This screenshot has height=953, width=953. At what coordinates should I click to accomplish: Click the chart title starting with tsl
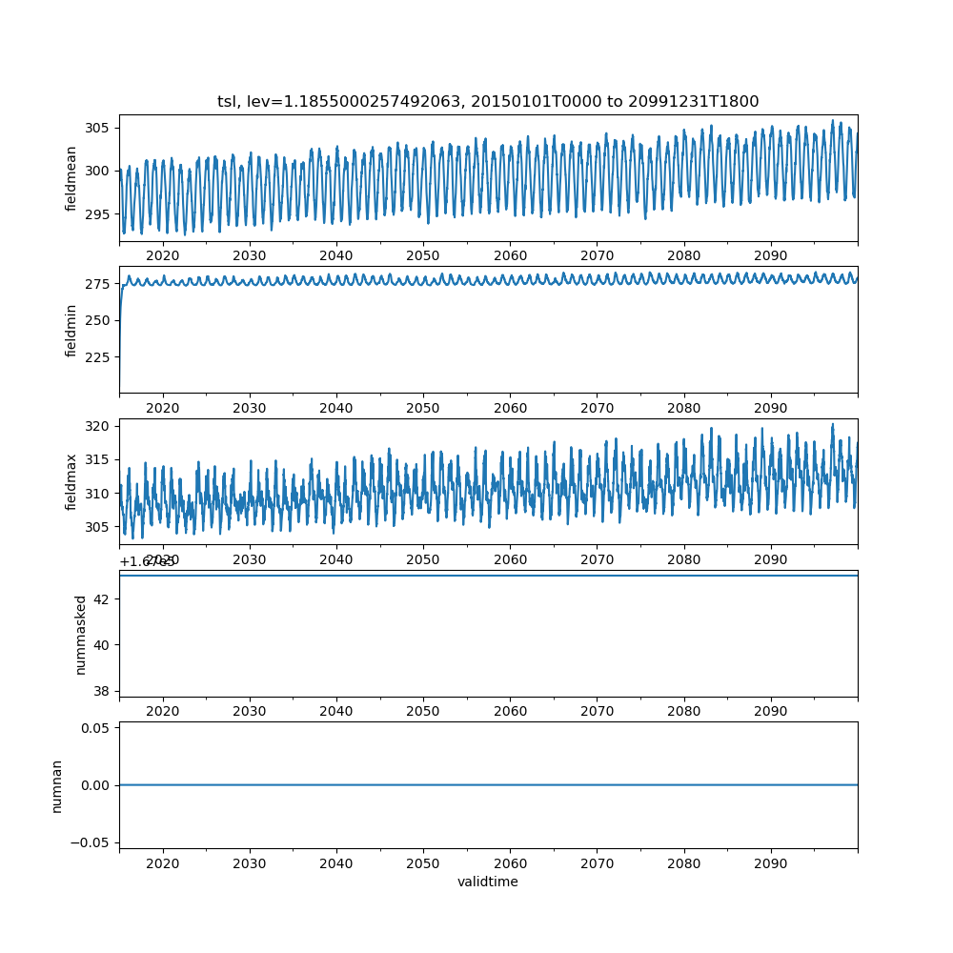(x=488, y=102)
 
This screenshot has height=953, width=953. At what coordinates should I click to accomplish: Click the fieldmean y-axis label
(x=71, y=178)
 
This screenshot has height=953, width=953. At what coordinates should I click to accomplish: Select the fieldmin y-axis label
(x=71, y=330)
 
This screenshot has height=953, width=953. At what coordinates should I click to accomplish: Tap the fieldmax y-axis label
(x=71, y=481)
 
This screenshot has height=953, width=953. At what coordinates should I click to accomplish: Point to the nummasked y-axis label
(x=81, y=634)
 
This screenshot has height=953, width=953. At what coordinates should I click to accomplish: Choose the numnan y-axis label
(x=57, y=785)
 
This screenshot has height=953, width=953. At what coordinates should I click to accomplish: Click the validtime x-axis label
(x=488, y=882)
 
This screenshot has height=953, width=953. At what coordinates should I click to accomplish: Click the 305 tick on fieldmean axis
(x=98, y=128)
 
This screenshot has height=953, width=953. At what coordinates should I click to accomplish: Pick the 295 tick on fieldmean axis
(x=98, y=214)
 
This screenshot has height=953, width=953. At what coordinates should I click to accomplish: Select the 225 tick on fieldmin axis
(x=98, y=357)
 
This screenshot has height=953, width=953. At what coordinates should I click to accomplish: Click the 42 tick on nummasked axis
(x=103, y=598)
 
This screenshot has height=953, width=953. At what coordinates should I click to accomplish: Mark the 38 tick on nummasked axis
(x=103, y=690)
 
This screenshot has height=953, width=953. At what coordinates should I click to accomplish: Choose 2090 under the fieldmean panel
(x=770, y=255)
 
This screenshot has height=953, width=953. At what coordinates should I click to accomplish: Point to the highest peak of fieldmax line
(x=832, y=424)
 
